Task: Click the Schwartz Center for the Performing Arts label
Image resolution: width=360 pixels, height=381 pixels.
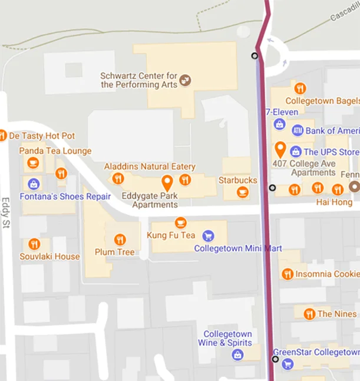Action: (138, 80)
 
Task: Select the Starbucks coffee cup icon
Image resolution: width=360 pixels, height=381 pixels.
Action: (242, 192)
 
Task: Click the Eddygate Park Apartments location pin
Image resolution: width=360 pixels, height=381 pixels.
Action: (167, 182)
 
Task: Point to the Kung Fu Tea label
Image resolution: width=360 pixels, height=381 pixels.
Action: (170, 236)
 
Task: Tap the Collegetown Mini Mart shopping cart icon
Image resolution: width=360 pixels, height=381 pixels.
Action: (207, 236)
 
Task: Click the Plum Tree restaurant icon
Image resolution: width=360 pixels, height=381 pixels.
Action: (120, 240)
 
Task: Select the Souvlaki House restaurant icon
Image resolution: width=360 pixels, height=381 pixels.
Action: (34, 244)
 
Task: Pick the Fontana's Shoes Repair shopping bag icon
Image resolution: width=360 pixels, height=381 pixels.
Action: (34, 184)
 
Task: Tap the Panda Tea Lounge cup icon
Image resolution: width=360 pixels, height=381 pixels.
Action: (33, 163)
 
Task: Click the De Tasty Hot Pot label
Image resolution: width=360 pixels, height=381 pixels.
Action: (42, 136)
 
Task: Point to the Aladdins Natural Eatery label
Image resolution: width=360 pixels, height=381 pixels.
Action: (150, 167)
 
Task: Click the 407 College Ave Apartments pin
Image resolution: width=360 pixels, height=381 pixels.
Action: (280, 148)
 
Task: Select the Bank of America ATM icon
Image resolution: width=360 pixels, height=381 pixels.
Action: (298, 130)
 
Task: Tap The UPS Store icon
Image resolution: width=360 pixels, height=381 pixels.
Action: (296, 152)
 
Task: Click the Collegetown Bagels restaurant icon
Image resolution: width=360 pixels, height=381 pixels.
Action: (300, 89)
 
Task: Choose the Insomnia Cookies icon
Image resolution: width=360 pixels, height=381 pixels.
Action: (288, 274)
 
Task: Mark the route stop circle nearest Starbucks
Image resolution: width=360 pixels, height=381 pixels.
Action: (272, 188)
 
